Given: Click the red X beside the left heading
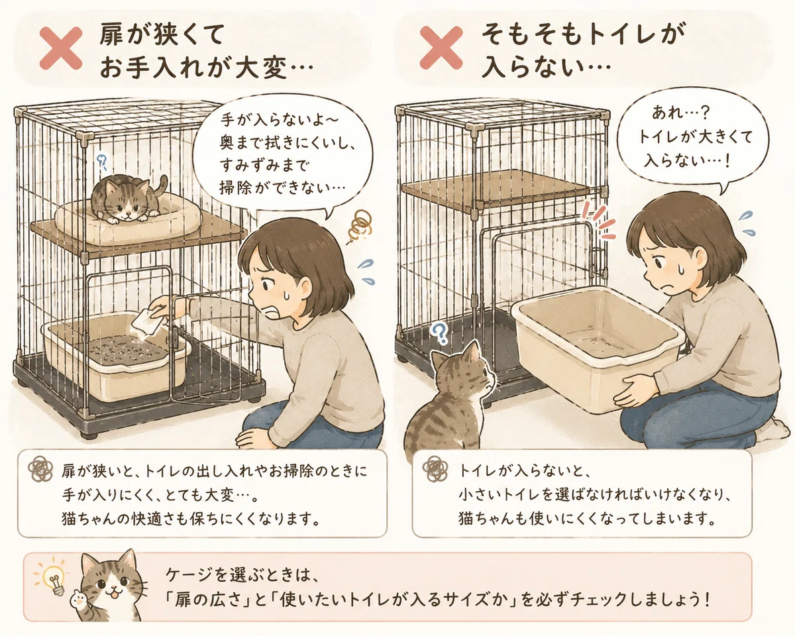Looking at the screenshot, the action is [61, 48].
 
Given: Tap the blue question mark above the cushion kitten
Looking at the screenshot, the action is [101, 162].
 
